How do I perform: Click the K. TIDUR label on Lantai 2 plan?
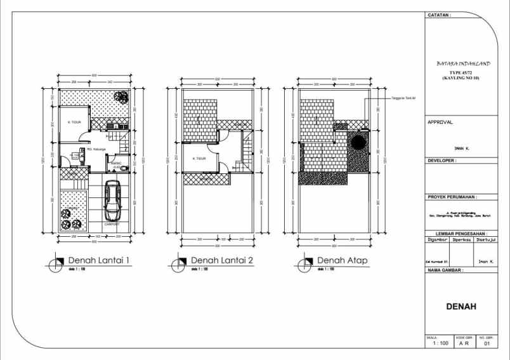click(199, 158)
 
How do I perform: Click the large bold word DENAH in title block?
click(461, 307)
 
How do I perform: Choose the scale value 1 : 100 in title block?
click(440, 343)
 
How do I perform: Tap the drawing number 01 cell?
click(487, 343)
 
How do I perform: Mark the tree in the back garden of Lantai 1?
click(119, 96)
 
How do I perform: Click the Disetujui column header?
click(485, 241)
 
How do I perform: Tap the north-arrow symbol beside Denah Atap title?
click(309, 262)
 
